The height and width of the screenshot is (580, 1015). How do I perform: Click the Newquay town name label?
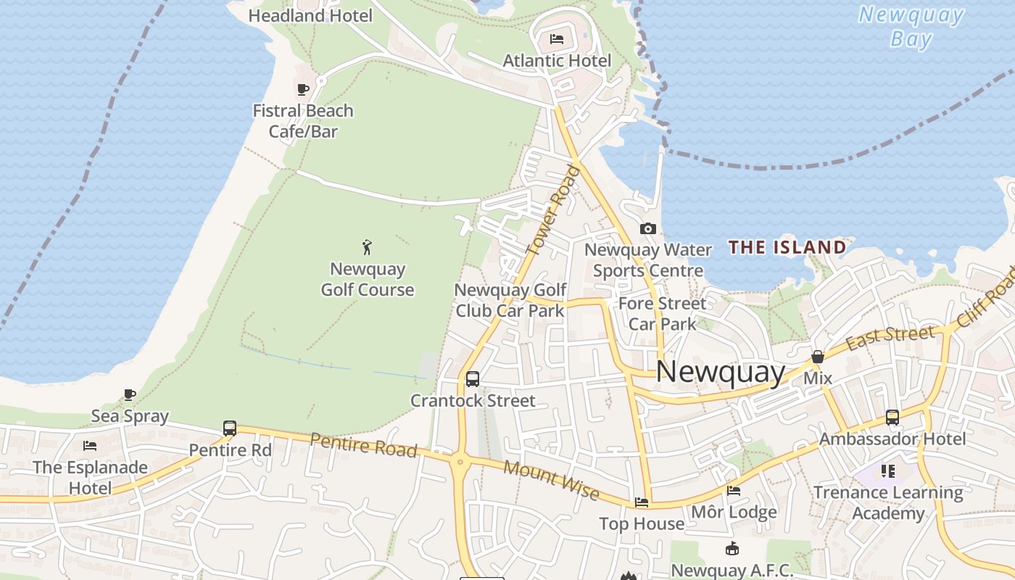(x=720, y=372)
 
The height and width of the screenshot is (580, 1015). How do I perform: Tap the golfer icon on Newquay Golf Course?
(x=368, y=246)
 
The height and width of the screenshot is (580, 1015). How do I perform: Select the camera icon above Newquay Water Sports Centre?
(x=648, y=229)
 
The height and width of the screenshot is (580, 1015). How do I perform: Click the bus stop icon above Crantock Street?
(x=473, y=378)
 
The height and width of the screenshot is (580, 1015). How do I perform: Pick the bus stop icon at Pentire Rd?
(x=230, y=428)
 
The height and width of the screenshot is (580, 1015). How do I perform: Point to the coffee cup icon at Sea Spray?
(x=130, y=394)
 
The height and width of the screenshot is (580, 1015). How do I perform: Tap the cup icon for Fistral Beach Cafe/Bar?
(x=303, y=89)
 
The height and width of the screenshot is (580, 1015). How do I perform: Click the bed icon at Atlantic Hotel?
(x=557, y=38)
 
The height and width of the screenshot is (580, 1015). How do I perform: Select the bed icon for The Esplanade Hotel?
(x=90, y=445)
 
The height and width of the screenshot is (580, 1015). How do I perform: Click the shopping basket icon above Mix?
(x=818, y=357)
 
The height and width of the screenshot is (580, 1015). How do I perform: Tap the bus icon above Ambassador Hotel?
(x=892, y=418)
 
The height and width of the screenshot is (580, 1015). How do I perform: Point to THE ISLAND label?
(x=787, y=247)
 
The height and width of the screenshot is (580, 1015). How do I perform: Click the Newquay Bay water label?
(x=911, y=26)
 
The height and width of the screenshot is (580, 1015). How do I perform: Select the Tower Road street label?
(x=554, y=210)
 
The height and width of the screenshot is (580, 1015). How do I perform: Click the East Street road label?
(x=890, y=336)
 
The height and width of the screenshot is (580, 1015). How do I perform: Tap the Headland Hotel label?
(x=310, y=15)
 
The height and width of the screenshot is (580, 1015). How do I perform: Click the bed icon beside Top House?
(x=642, y=502)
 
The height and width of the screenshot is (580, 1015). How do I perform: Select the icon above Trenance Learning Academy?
(x=888, y=471)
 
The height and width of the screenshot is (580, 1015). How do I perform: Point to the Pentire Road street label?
(x=364, y=444)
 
